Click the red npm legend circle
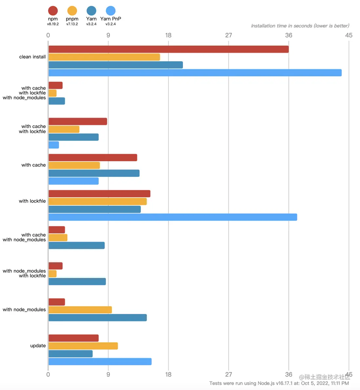point(53,11)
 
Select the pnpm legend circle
point(72,11)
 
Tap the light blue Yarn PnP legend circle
point(111,11)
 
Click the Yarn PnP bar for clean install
point(195,73)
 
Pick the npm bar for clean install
point(169,49)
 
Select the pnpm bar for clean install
point(104,57)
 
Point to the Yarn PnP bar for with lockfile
point(173,217)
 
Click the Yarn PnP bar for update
point(100,361)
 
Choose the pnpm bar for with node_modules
point(80,310)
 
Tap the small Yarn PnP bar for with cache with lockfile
point(54,145)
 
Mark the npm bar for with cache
point(93,158)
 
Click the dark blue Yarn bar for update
point(70,354)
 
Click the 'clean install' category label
point(32,57)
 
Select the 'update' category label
point(38,345)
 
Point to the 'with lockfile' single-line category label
point(32,201)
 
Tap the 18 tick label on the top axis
point(168,35)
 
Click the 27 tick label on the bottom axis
point(229,374)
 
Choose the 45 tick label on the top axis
point(349,35)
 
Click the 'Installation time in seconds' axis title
point(300,26)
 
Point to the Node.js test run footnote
point(279,383)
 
